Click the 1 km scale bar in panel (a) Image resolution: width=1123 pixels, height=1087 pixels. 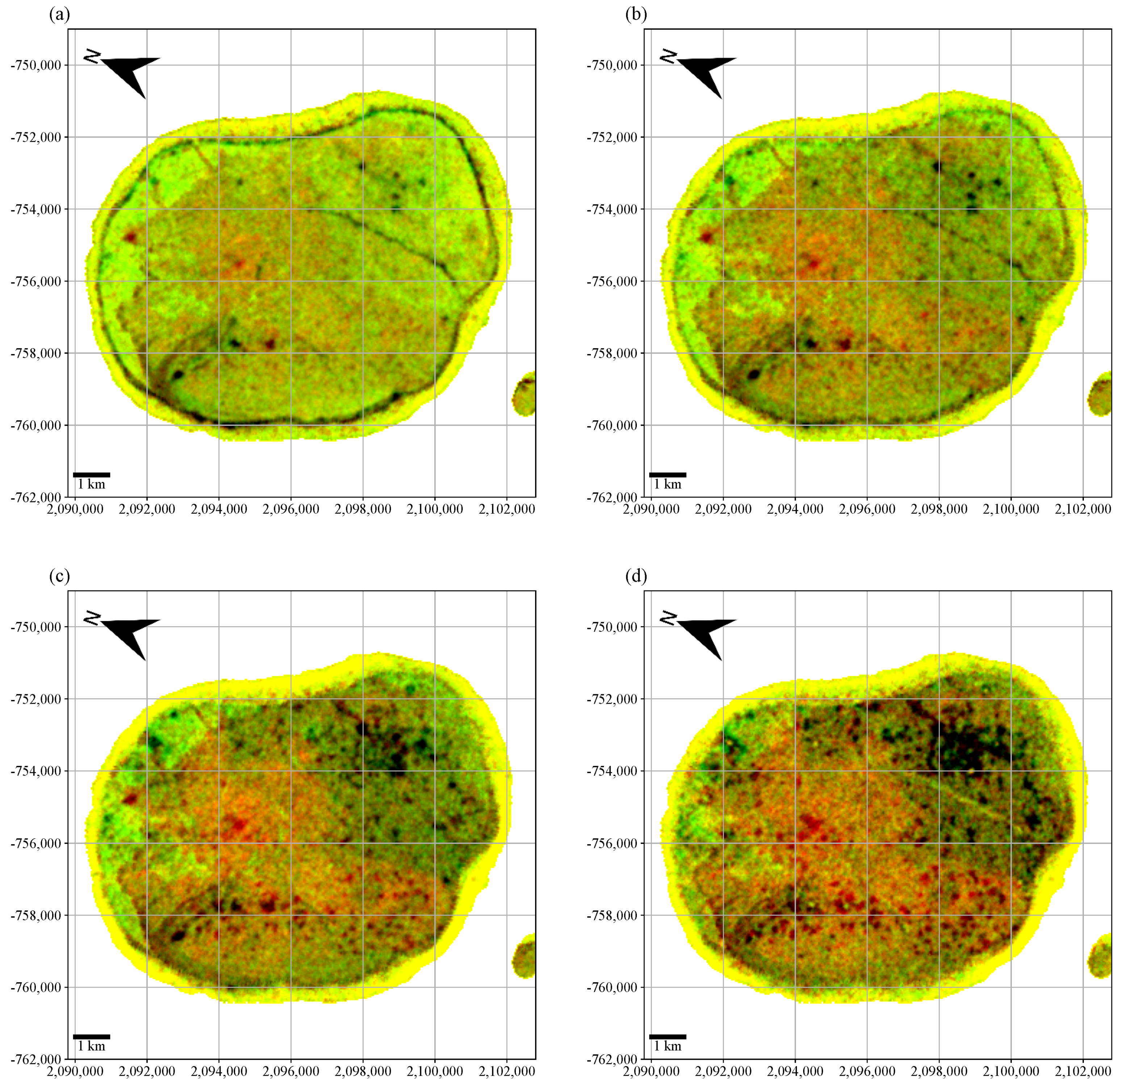tap(92, 475)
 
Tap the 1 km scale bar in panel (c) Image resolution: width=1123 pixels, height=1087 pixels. tap(92, 1037)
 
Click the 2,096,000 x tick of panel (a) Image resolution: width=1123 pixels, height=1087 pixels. tap(291, 509)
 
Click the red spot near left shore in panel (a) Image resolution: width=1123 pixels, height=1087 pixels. tap(131, 236)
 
